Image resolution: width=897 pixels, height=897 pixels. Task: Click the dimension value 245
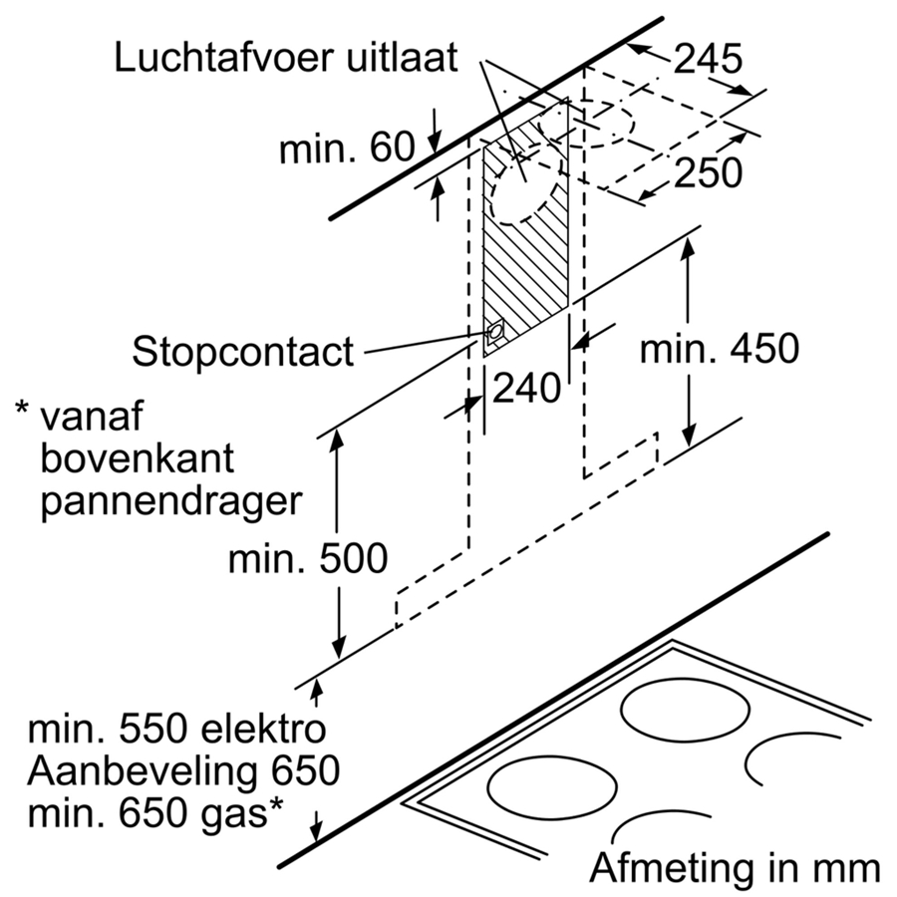point(707,60)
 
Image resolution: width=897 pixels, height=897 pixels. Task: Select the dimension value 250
point(708,173)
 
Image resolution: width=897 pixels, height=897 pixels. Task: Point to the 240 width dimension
point(526,388)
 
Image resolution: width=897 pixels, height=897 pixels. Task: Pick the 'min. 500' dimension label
point(308,559)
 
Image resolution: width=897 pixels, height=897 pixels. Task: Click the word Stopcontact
point(243,352)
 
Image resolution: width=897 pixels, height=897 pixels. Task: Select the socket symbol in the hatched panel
point(494,333)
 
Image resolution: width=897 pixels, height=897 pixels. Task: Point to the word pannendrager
point(169,500)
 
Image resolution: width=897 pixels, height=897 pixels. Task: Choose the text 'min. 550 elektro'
point(176,730)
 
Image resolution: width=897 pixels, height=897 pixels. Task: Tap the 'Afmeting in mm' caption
point(736,867)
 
